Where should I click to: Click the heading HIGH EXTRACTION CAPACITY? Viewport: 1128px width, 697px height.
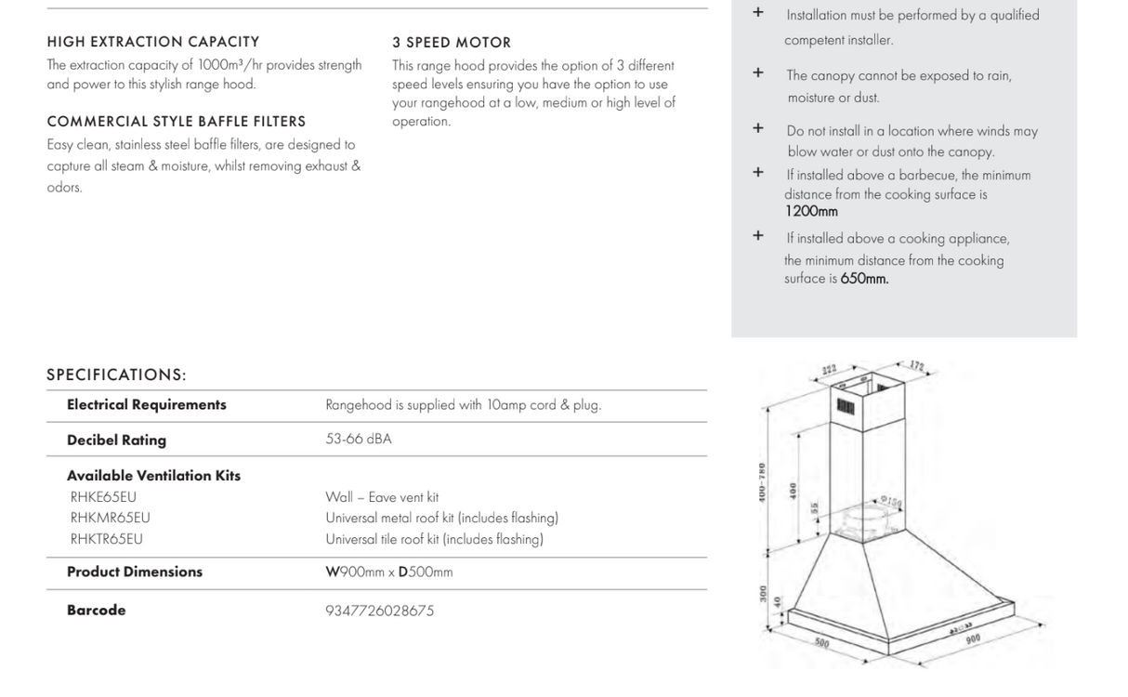click(153, 42)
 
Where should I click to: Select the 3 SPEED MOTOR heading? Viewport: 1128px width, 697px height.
click(452, 43)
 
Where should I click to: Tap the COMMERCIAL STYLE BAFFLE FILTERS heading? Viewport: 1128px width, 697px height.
click(177, 122)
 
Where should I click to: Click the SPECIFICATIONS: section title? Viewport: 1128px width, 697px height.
click(116, 375)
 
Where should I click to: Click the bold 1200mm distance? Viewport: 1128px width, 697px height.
click(811, 212)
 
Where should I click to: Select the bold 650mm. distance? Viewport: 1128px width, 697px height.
click(864, 279)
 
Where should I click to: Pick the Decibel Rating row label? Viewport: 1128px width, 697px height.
click(116, 441)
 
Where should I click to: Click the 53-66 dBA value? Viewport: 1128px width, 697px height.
click(359, 440)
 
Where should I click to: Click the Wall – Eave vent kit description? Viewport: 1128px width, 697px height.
click(382, 497)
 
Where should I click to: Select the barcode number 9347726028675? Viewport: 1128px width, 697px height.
click(379, 611)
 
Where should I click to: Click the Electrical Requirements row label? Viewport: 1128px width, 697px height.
click(147, 405)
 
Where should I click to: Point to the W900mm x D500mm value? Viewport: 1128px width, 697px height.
click(389, 572)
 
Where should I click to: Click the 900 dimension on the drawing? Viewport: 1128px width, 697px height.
click(973, 638)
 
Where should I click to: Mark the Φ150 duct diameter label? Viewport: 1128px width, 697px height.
click(891, 503)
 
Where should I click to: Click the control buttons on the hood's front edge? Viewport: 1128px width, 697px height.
click(960, 627)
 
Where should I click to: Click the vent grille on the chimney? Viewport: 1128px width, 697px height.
click(846, 406)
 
